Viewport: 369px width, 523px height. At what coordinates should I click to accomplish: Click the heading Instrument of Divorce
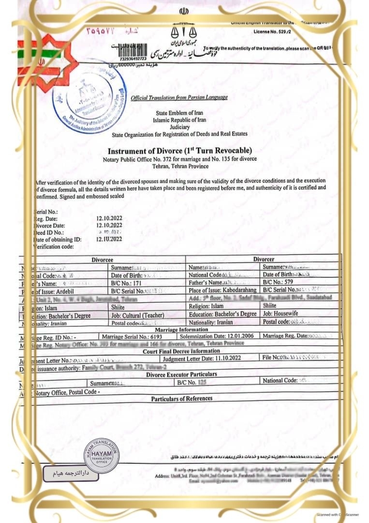pos(179,151)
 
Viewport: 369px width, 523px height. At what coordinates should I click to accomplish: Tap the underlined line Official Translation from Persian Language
pos(179,98)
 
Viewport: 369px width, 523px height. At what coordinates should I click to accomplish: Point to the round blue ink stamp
pos(93,96)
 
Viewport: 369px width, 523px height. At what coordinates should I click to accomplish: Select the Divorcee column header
pos(103,260)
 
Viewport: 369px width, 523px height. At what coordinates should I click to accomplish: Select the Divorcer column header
pos(264,260)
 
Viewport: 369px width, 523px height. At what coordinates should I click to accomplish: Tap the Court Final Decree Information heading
pos(181,351)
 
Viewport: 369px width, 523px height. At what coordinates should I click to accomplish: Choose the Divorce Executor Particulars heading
pos(181,374)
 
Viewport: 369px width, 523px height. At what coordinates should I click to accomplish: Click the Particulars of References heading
pos(181,399)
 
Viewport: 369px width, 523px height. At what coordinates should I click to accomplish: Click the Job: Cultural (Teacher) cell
pos(137,315)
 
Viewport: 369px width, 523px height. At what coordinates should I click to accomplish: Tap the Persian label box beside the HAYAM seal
pos(71,474)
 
